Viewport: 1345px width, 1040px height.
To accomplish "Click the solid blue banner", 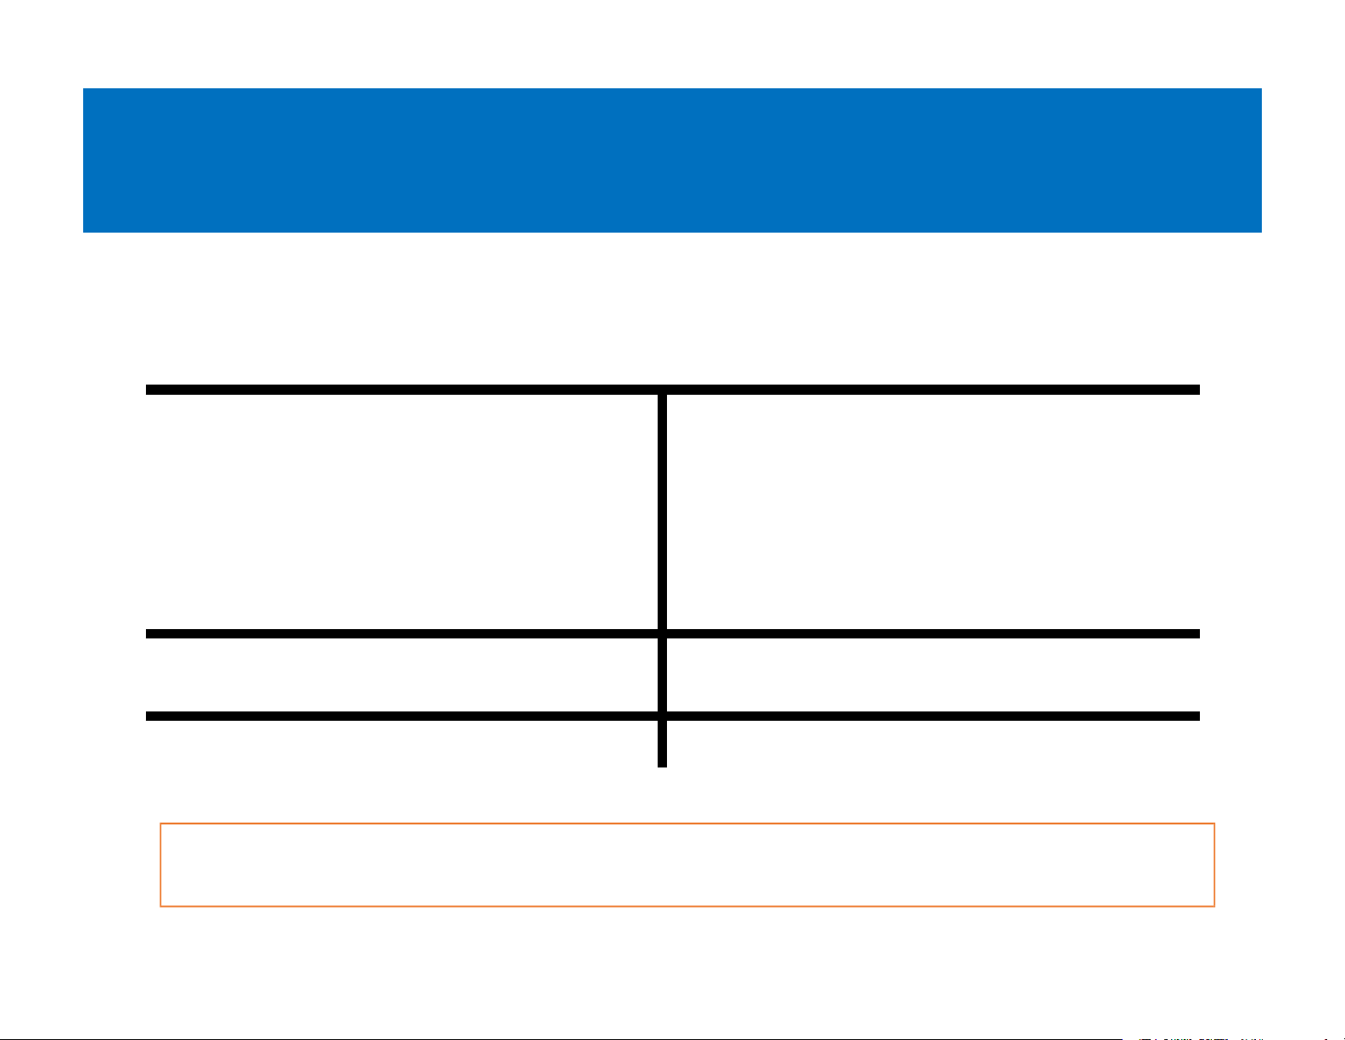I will [672, 160].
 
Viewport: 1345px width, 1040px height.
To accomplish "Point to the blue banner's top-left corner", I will [83, 88].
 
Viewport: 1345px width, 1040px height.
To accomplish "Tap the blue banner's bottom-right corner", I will [1261, 232].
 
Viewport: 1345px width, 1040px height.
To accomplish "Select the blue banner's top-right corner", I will [1261, 88].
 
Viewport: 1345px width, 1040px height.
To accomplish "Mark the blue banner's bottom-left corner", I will [83, 232].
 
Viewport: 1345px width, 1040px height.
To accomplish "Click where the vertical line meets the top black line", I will [662, 390].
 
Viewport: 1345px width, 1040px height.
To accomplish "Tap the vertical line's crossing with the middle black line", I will [662, 633].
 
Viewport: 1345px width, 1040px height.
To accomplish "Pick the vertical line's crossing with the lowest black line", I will [662, 717].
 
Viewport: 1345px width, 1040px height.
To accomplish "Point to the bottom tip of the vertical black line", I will [662, 766].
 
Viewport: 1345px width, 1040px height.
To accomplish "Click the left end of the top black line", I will [147, 390].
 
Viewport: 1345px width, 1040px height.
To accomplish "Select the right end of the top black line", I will [1199, 390].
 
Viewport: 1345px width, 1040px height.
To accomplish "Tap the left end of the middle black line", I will [147, 633].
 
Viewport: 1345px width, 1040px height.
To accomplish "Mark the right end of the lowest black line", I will [1199, 717].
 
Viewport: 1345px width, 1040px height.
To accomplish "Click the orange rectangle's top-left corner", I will [160, 824].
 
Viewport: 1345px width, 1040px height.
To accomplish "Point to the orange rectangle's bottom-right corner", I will [1214, 906].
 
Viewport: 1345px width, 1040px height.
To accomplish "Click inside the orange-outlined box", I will [687, 864].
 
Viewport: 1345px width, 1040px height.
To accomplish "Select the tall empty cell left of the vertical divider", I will [403, 511].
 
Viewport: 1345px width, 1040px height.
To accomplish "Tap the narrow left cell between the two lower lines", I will [403, 675].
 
